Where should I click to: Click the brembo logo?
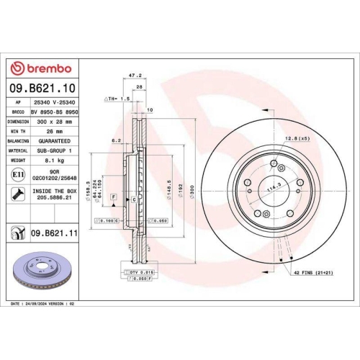click(x=41, y=68)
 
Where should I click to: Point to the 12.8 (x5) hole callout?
click(x=296, y=138)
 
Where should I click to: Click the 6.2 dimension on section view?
click(x=115, y=141)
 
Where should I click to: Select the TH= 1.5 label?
click(x=117, y=98)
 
